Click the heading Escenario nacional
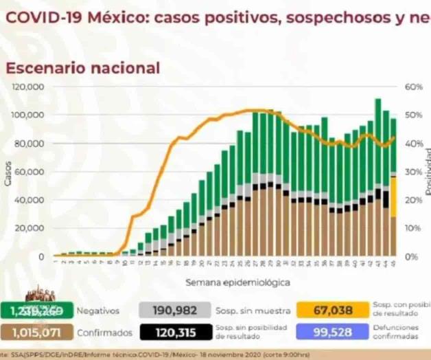[x=83, y=68]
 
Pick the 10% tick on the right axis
[x=411, y=228]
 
